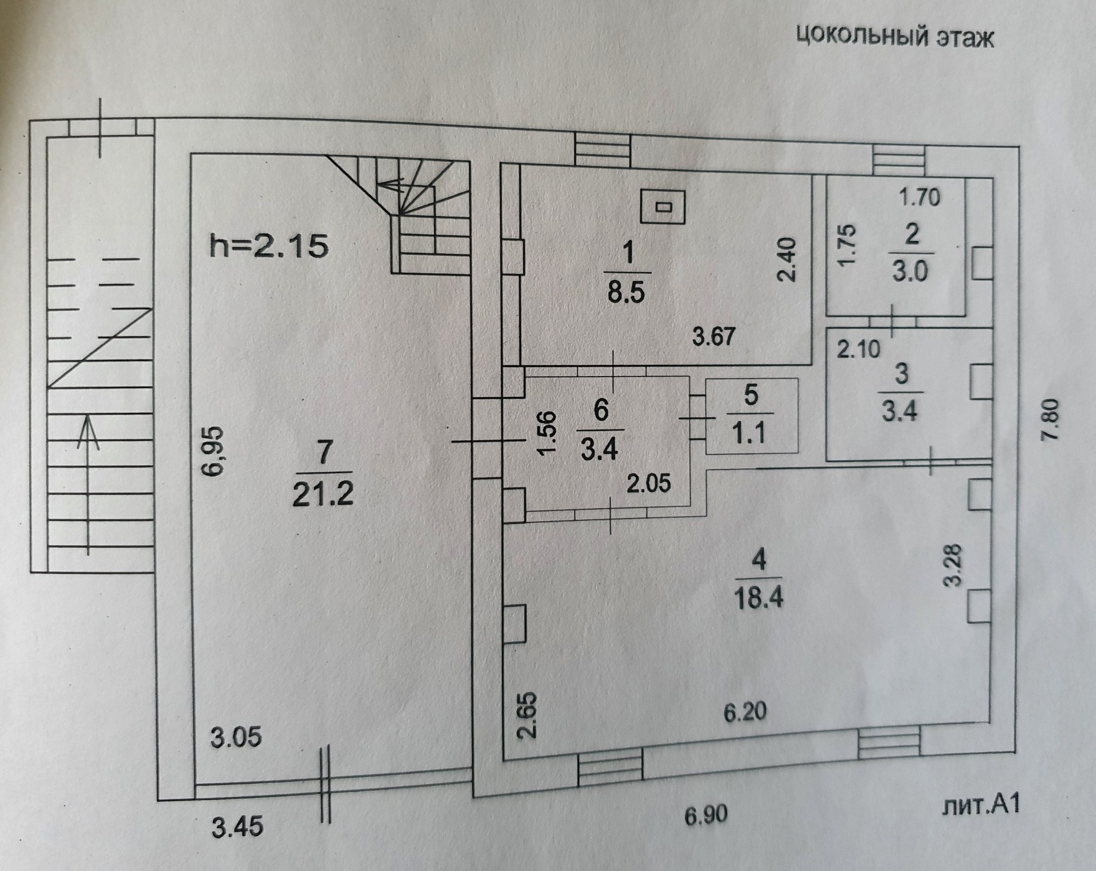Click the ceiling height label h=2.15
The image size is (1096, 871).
268,247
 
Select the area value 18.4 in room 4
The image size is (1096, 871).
758,598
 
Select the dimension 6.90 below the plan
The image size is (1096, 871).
706,814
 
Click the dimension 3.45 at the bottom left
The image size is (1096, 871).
237,827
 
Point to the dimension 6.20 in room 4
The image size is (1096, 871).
745,710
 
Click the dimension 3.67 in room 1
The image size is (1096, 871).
714,337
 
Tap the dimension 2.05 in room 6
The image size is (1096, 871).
649,483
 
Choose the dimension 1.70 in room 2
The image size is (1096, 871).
919,197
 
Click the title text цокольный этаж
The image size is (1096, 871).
895,37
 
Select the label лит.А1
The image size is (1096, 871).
981,806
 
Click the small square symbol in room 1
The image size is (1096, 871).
663,207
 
